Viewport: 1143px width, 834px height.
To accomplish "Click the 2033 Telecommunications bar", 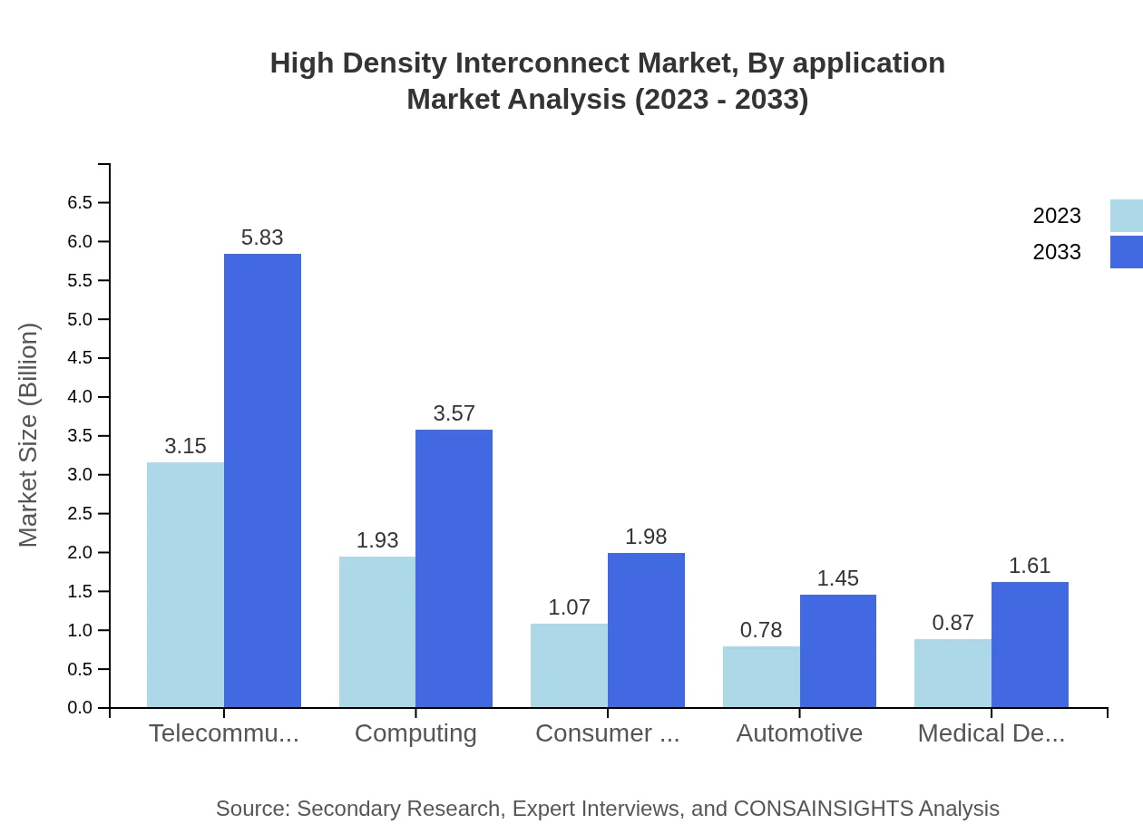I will point(262,480).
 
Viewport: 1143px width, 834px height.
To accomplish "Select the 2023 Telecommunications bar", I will point(185,585).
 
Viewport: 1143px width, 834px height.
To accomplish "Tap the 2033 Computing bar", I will point(454,568).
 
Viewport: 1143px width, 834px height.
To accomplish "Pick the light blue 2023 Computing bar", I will point(377,632).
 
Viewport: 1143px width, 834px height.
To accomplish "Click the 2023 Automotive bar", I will point(761,676).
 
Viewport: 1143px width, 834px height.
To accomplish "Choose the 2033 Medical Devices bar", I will point(1030,645).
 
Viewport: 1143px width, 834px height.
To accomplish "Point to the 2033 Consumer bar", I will point(646,630).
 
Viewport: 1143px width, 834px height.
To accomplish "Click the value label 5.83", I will point(262,238).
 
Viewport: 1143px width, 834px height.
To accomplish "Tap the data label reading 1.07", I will point(570,607).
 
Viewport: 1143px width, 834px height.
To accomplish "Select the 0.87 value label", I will point(953,623).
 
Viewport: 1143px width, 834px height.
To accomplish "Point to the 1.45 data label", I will point(837,578).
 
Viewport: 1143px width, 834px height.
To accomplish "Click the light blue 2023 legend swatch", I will point(1126,216).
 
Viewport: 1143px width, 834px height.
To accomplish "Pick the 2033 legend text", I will point(1057,252).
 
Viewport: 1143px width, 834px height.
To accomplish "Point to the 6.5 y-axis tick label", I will point(80,202).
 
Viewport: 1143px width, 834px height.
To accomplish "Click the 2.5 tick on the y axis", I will point(80,514).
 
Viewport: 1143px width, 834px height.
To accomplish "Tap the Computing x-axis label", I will point(415,732).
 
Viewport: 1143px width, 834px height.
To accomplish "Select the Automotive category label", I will point(799,732).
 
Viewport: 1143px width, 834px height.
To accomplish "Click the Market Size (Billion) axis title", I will point(29,435).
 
